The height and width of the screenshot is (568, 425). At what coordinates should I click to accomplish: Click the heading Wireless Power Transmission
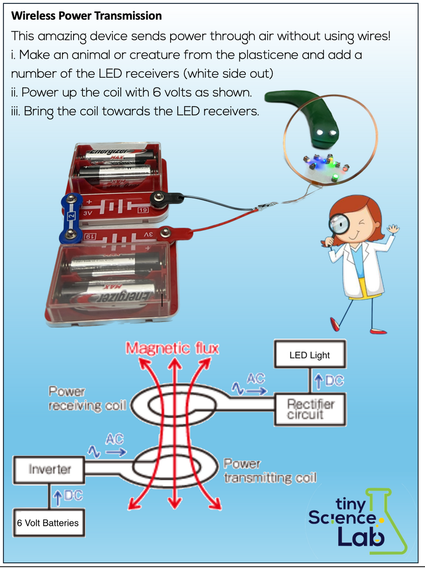(86, 16)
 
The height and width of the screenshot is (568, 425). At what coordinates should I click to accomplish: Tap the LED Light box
(309, 355)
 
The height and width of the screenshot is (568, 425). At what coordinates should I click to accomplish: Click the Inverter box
(49, 470)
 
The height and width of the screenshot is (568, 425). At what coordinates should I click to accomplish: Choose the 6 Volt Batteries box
(48, 523)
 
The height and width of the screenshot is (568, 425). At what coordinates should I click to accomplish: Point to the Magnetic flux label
(172, 349)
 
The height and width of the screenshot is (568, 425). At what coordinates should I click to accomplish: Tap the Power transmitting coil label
(269, 470)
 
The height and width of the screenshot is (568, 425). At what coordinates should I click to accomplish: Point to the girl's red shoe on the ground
(336, 324)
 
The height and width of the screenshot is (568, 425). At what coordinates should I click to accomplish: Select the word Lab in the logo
(361, 536)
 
